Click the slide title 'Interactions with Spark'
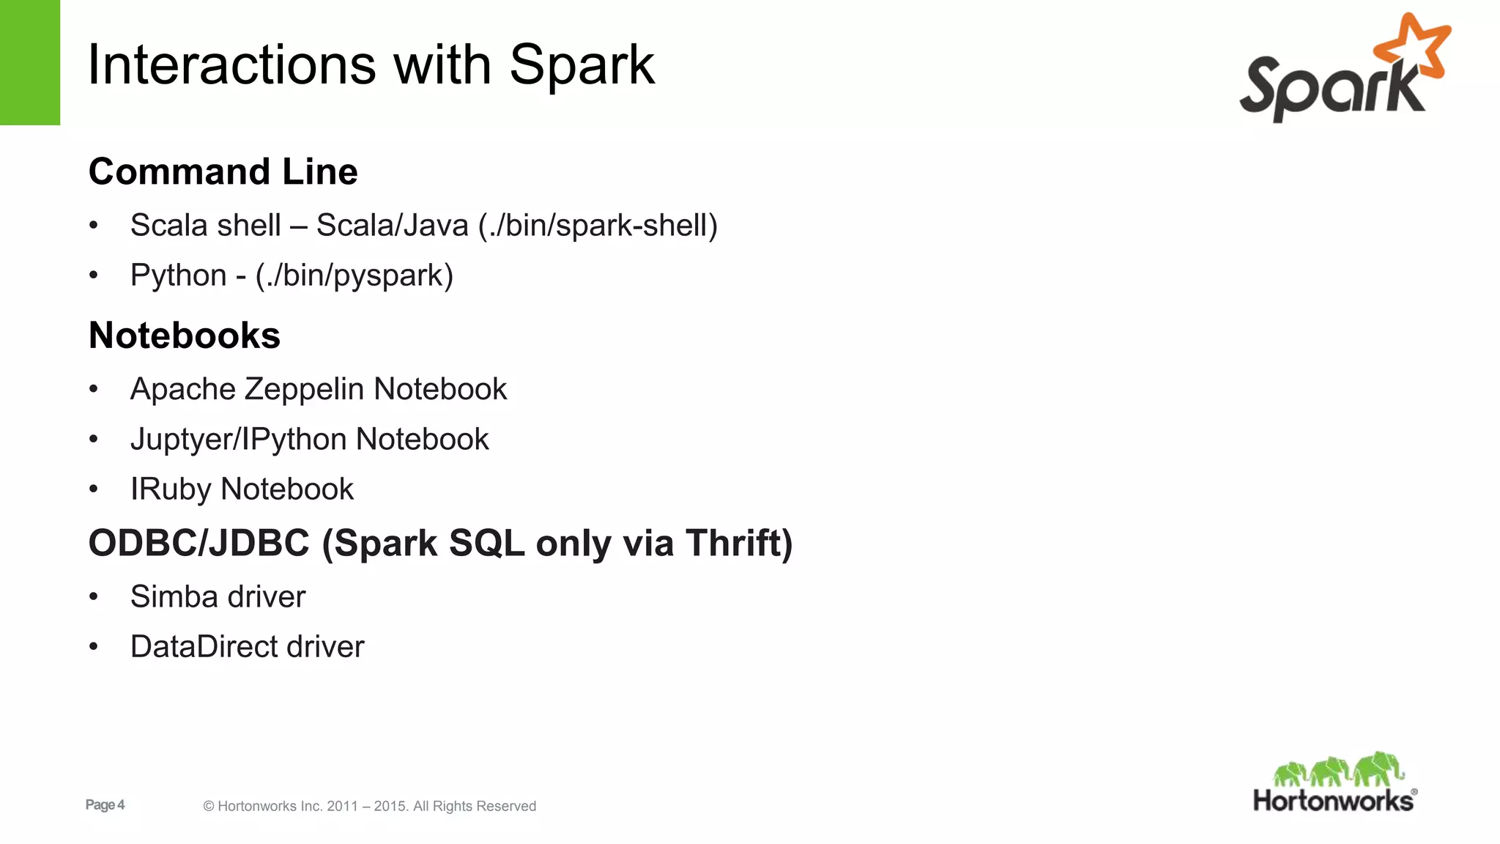(371, 64)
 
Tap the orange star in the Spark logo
(1414, 45)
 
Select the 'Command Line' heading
(223, 171)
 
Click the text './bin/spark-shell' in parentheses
(598, 225)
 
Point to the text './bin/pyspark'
(354, 275)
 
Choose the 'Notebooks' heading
(184, 336)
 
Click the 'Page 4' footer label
(105, 804)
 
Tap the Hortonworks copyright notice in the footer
(369, 806)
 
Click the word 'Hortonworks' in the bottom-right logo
(1333, 801)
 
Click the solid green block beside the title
(29, 62)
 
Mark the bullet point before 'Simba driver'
(93, 597)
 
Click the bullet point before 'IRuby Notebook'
(93, 489)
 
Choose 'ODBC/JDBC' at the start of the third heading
(198, 543)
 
